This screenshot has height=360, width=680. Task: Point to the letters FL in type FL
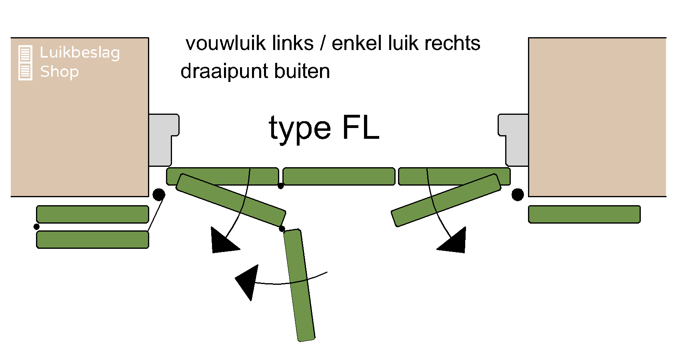360,128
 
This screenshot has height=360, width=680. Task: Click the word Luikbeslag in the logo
80,53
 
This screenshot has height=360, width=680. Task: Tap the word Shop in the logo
59,72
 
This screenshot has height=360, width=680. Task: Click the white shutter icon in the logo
25,63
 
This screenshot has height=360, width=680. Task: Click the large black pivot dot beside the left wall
159,195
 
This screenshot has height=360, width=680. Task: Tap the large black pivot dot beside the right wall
518,195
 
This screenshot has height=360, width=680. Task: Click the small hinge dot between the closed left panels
281,186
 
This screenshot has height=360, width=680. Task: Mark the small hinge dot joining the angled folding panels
282,228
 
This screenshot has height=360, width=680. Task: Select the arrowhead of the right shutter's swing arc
454,241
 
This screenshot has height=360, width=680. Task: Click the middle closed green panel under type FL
339,176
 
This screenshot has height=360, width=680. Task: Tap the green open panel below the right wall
584,214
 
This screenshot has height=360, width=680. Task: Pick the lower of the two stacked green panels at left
92,240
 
